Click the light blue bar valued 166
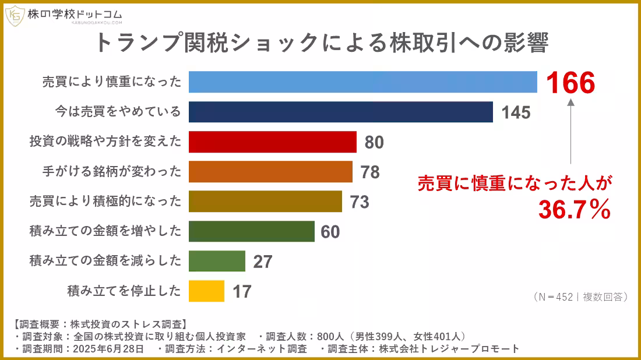[362, 82]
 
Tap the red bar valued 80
[272, 142]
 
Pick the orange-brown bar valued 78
[270, 172]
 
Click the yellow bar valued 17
[206, 291]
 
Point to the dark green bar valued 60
[251, 231]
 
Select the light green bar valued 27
[217, 261]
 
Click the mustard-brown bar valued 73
[265, 202]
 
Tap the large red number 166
[570, 84]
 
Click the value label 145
[516, 112]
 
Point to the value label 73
[360, 202]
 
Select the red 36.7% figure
[574, 210]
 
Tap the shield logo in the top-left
[15, 16]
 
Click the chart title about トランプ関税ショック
[321, 44]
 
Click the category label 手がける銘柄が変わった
[112, 172]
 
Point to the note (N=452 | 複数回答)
[580, 297]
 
